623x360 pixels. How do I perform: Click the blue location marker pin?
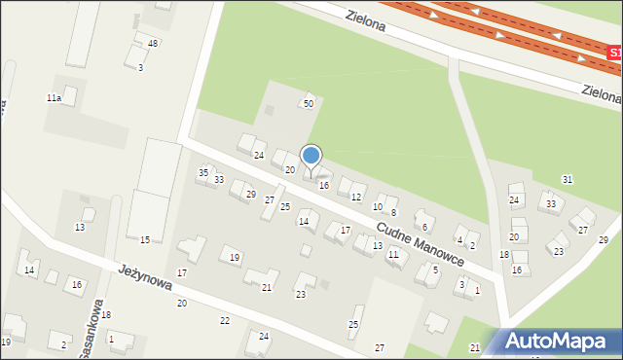tap(311, 157)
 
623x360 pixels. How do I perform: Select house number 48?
tap(153, 44)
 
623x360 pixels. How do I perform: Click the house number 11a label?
tap(55, 98)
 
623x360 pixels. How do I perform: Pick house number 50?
tap(309, 103)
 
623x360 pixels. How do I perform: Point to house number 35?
tap(203, 172)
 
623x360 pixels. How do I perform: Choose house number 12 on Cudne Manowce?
tap(355, 198)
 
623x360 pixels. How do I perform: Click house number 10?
tap(378, 206)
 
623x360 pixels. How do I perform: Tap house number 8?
tap(393, 212)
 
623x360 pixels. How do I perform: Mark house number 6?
tap(424, 227)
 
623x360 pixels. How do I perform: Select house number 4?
tap(459, 239)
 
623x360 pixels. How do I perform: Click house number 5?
tap(435, 270)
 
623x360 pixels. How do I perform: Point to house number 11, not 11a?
tap(393, 254)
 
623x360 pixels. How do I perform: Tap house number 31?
tap(568, 180)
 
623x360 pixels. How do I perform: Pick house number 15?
tap(145, 239)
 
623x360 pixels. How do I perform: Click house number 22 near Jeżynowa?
tap(225, 320)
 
